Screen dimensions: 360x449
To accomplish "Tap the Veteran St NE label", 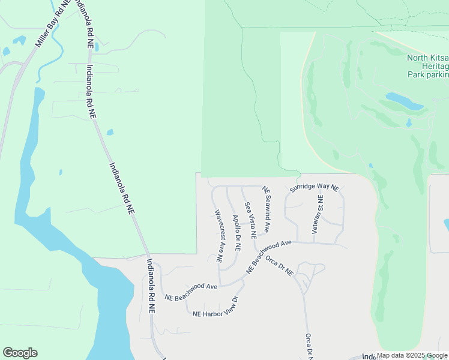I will pos(316,214).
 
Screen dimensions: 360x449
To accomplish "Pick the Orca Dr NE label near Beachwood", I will pos(279,266).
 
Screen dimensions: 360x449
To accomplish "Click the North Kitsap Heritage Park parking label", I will pos(427,66).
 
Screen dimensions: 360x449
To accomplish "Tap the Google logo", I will pos(20,353).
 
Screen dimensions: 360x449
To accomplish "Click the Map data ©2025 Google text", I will pos(412,355).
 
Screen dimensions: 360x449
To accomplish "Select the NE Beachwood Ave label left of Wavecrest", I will pos(191,292).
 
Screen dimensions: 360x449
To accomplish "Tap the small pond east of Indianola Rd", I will pos(110,132).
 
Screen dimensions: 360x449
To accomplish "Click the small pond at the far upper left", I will pos(19,41).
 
